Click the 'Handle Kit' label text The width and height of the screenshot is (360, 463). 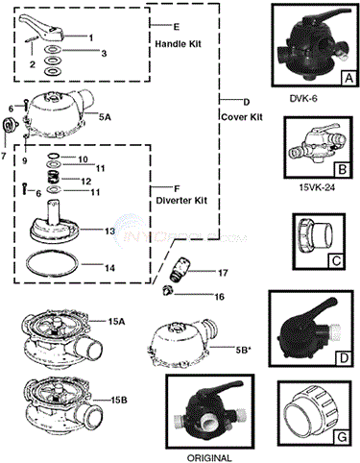(x=179, y=43)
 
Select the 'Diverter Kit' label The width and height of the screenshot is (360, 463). (x=181, y=201)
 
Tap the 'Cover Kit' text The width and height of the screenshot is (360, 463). (x=242, y=117)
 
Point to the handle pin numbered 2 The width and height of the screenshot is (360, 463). (x=32, y=40)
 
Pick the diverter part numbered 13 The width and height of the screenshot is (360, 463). (x=54, y=224)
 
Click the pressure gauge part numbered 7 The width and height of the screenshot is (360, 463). (x=9, y=124)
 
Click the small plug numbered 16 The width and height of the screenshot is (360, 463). (x=167, y=291)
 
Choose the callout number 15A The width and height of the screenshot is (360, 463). (x=117, y=322)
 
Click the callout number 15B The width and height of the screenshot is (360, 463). (x=119, y=400)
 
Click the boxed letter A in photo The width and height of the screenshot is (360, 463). (x=348, y=78)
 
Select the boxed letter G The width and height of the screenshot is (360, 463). (x=342, y=436)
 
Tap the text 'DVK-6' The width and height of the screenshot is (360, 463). (x=303, y=99)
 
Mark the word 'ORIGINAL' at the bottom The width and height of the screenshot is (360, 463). (x=209, y=457)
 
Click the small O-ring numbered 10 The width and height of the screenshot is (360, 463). (x=54, y=156)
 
